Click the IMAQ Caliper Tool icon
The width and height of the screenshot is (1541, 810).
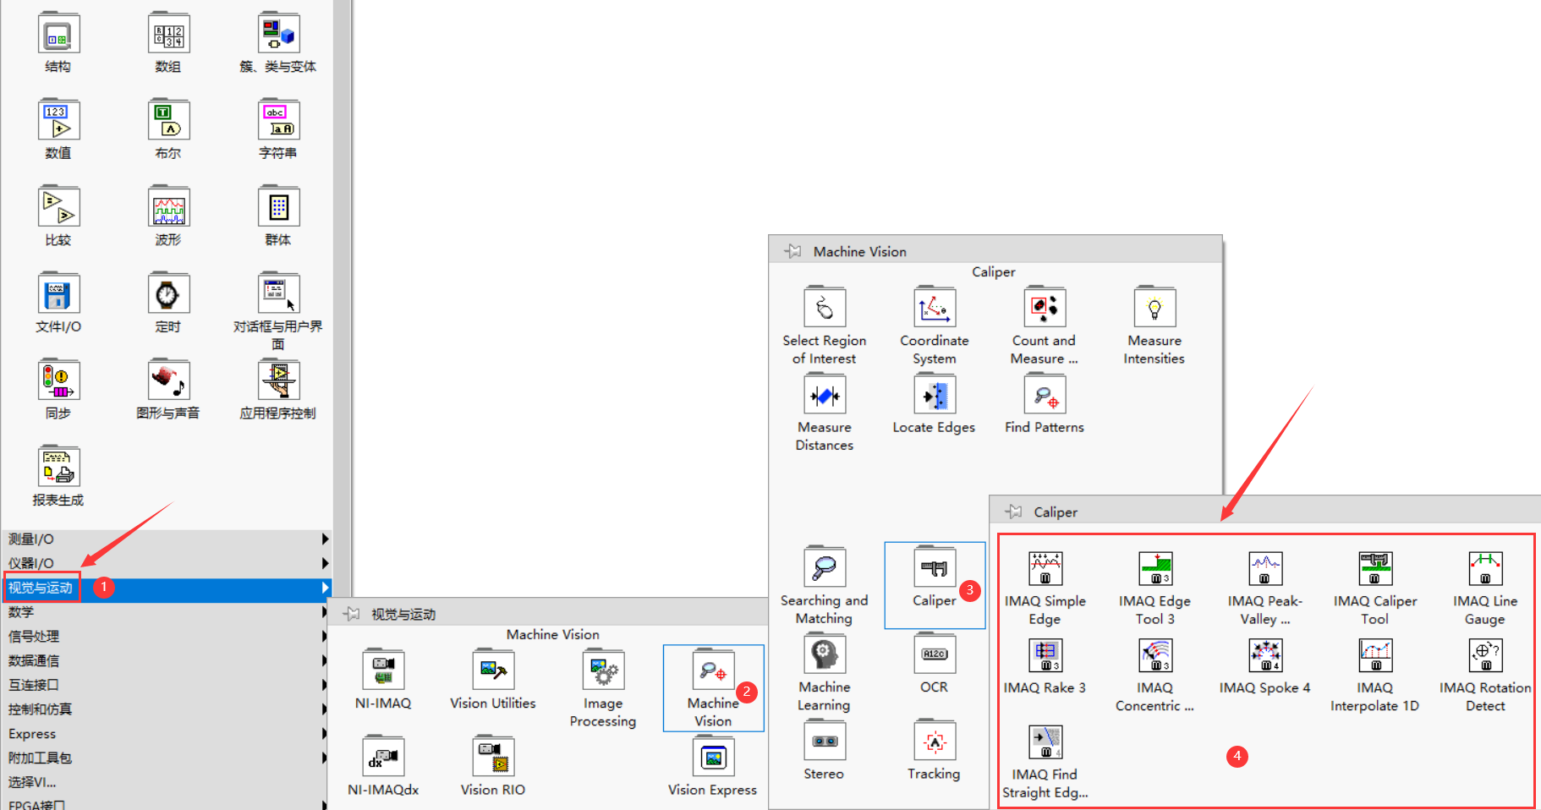[1374, 568]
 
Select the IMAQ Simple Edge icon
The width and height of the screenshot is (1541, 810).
[1045, 568]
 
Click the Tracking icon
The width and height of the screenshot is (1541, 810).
[934, 742]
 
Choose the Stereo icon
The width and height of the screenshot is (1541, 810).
[824, 742]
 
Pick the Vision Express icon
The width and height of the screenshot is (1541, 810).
[713, 758]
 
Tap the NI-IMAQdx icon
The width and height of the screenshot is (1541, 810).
[383, 758]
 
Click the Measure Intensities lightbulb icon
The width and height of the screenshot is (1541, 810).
[1154, 308]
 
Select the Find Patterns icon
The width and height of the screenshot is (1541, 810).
[1045, 395]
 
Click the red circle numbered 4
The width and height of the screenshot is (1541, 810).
[1237, 756]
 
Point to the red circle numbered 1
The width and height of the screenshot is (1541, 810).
[103, 587]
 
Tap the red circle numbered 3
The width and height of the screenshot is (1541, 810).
[970, 590]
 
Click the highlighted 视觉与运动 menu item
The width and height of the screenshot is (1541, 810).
[41, 588]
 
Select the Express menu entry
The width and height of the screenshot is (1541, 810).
[32, 734]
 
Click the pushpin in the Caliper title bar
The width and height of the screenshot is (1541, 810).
[1013, 512]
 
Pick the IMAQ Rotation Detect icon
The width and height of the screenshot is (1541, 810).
[1484, 655]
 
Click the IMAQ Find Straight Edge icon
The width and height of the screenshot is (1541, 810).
[1045, 742]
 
